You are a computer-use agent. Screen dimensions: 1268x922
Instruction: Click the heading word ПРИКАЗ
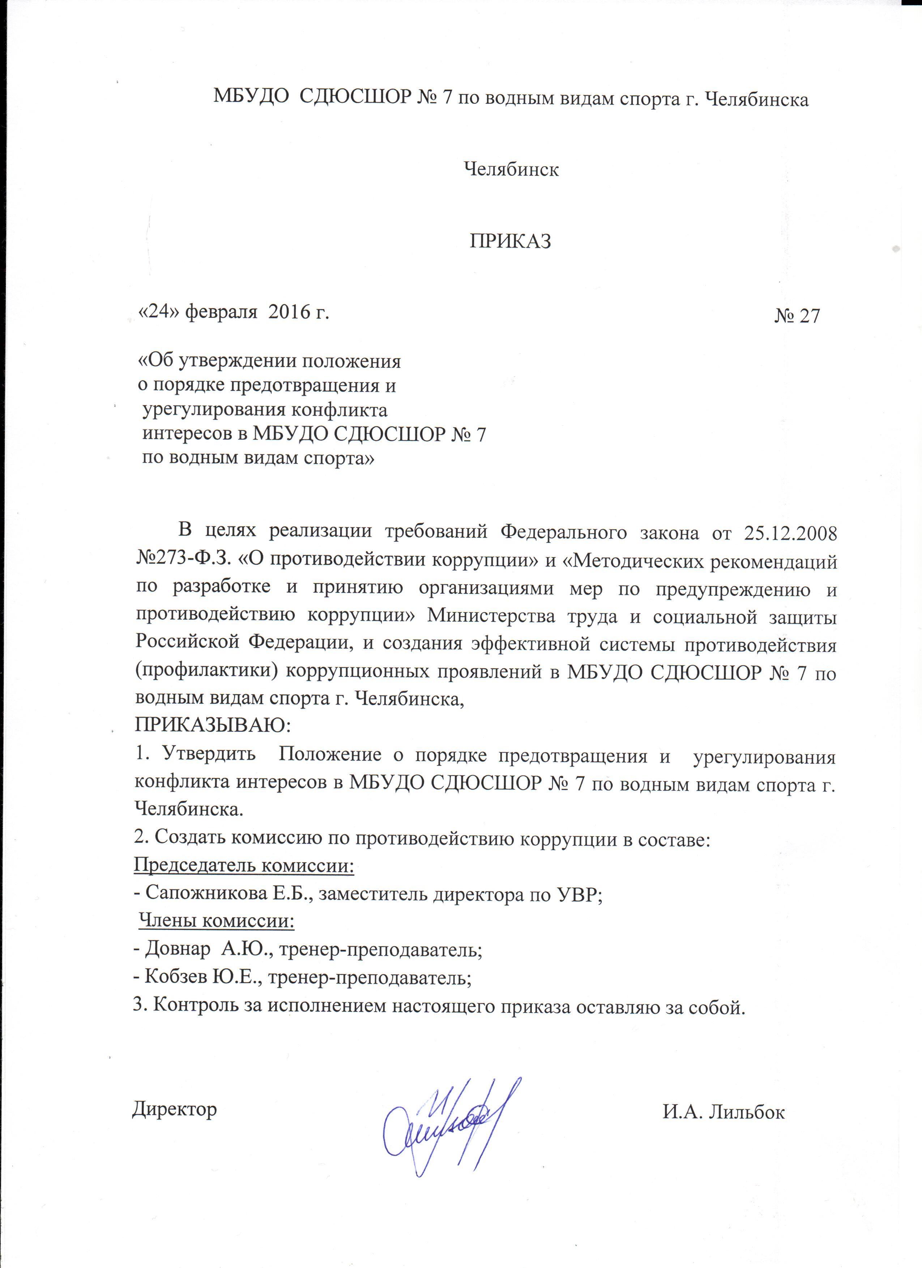point(510,241)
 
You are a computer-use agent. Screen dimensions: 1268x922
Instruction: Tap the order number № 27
point(797,316)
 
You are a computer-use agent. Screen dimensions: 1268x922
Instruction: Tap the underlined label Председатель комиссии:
point(244,866)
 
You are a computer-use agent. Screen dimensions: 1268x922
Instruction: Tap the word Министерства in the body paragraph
point(491,617)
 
